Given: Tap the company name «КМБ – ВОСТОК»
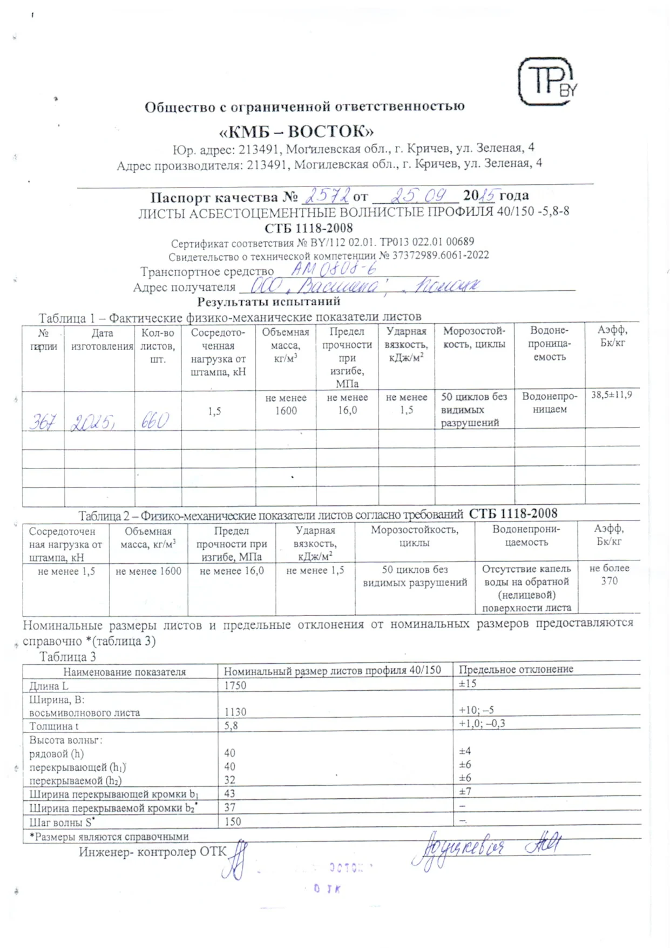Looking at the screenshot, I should (x=296, y=131).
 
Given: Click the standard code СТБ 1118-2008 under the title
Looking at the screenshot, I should (x=308, y=228).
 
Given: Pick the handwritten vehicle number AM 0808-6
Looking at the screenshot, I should (x=333, y=269).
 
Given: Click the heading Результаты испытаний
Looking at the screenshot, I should (x=268, y=302).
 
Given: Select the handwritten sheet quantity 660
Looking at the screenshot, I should (x=155, y=420).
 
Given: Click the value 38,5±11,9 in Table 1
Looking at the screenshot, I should (x=611, y=395).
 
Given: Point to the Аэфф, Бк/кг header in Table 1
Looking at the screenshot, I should (x=612, y=336).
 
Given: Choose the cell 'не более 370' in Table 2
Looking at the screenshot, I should (x=609, y=575).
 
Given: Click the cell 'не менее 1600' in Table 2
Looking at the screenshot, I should (x=148, y=571).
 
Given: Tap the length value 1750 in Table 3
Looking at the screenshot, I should (x=235, y=685).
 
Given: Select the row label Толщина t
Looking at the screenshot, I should (x=54, y=726).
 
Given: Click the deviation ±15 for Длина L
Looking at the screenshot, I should (x=468, y=684).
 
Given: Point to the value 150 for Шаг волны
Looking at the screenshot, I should (x=233, y=822).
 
